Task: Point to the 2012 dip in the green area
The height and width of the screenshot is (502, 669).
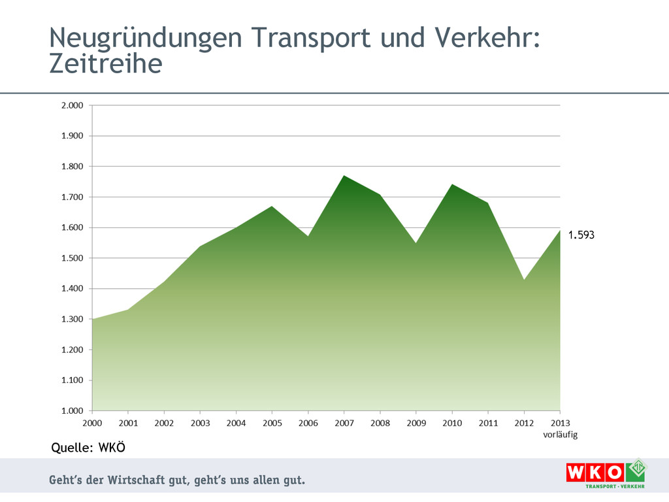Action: pos(524,280)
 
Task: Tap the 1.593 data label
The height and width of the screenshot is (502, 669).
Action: pos(581,235)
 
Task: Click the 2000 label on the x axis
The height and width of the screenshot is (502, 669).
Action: pos(92,423)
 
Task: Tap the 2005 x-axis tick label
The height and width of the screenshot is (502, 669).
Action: pos(272,423)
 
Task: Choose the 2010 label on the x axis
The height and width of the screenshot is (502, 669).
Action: pos(452,423)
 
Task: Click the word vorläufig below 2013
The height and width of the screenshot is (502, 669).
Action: pos(560,434)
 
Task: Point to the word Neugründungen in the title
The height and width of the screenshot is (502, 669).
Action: pos(136,38)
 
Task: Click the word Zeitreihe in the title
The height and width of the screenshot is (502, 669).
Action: pos(105,64)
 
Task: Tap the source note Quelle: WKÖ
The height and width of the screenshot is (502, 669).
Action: pos(88,448)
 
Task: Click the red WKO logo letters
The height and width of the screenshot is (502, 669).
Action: pos(595,473)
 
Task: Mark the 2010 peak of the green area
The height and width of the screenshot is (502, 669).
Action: pos(452,185)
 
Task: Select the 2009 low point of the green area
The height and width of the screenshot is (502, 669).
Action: pos(416,243)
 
